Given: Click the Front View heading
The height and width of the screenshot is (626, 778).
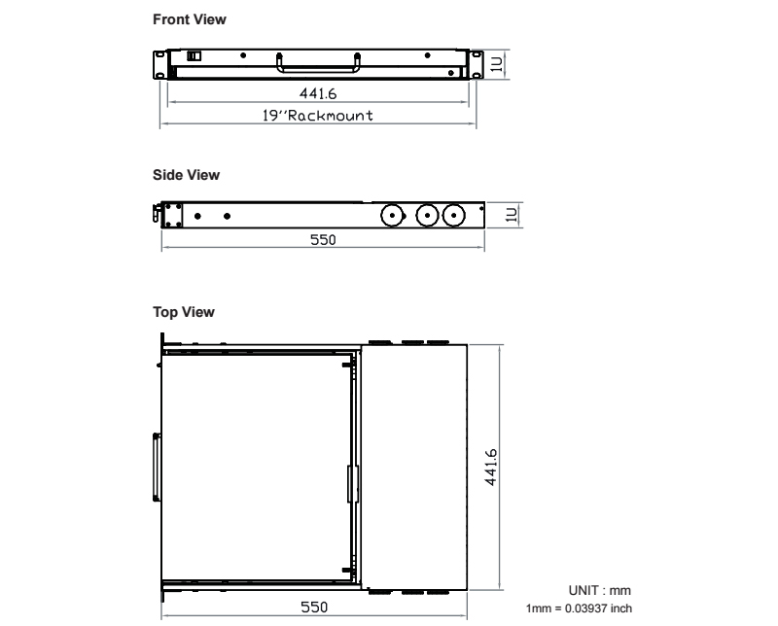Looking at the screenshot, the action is (190, 19).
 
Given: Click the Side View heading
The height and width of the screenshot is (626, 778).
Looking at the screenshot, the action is (186, 175).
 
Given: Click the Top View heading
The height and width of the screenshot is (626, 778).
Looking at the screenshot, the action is (184, 312).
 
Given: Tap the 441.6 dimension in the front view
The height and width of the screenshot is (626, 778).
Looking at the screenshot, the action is (318, 93).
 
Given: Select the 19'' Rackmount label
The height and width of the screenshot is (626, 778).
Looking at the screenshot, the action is (318, 116).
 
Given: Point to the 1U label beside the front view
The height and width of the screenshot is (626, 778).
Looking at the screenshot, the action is (497, 64).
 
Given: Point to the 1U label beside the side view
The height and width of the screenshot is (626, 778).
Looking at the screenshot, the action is (512, 215).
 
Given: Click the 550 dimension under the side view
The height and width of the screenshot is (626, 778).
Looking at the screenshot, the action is (323, 240).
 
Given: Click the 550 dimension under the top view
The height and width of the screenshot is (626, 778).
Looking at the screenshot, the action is (314, 608).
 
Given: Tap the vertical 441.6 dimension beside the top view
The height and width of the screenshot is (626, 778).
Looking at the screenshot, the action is (491, 468).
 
